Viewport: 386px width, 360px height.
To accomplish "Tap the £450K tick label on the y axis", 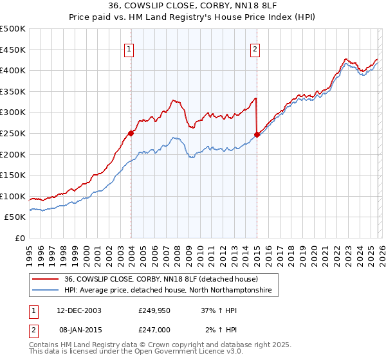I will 13,50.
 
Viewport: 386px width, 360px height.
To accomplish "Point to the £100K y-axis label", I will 13,196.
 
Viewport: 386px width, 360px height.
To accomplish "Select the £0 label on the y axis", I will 20,238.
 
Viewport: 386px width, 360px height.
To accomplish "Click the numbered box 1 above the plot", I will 129,49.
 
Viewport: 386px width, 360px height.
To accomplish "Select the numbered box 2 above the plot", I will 255,49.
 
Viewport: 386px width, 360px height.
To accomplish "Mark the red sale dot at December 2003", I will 131,133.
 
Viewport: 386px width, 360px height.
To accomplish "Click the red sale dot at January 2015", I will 257,134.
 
